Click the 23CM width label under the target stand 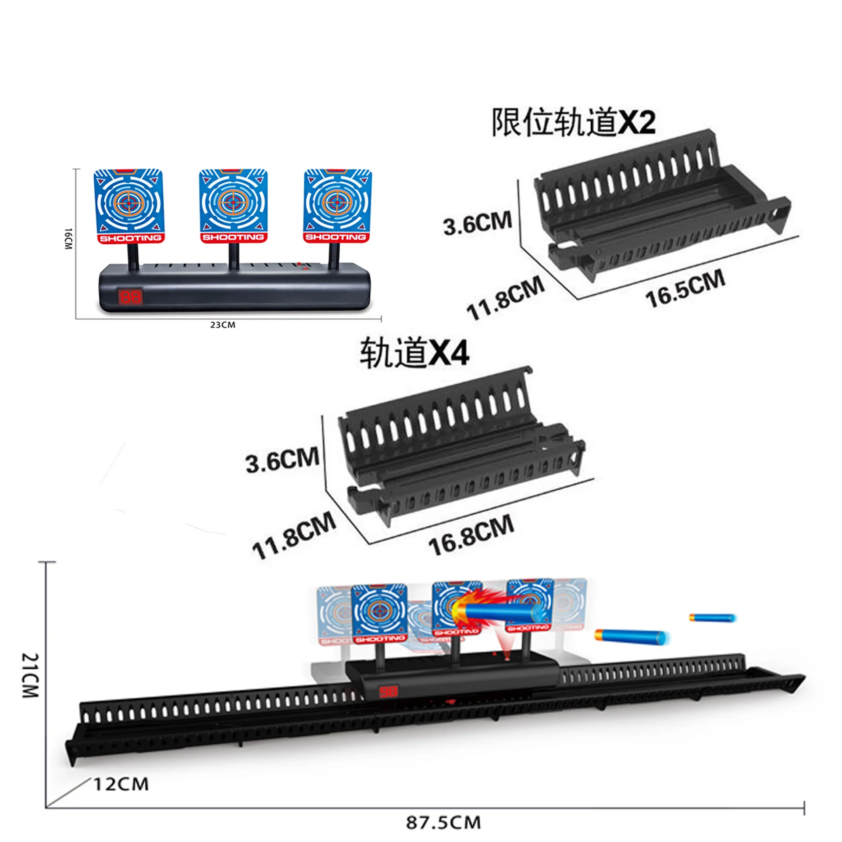coord(222,325)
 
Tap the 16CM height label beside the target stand coord(68,239)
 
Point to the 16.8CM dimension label coord(471,535)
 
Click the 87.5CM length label coord(443,822)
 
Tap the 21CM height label coord(31,675)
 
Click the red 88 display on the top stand coord(130,297)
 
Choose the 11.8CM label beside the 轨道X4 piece coord(294,535)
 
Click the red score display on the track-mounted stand coord(388,692)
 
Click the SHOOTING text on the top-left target coord(130,238)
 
